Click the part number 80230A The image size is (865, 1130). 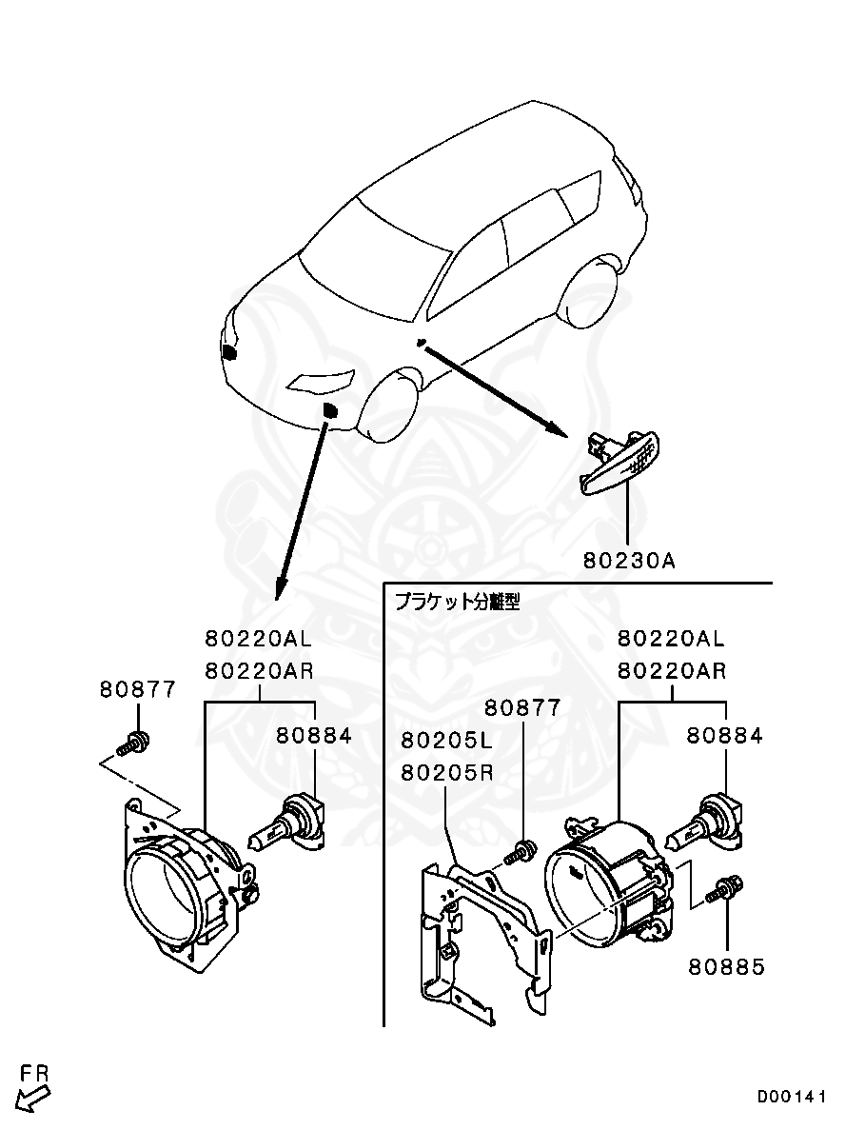630,561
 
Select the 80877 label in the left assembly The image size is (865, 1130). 138,689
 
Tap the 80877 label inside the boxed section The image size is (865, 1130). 522,708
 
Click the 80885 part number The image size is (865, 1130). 727,967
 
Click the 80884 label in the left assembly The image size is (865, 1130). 315,735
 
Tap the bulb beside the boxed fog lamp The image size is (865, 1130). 704,826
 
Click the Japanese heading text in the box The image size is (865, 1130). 458,602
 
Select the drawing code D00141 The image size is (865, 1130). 792,1097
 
